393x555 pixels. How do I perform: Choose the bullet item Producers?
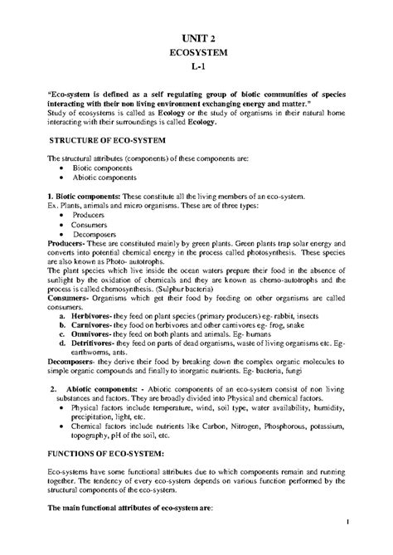point(90,214)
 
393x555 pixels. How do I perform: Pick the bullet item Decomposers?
point(96,233)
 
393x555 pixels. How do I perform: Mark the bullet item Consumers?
point(93,224)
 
